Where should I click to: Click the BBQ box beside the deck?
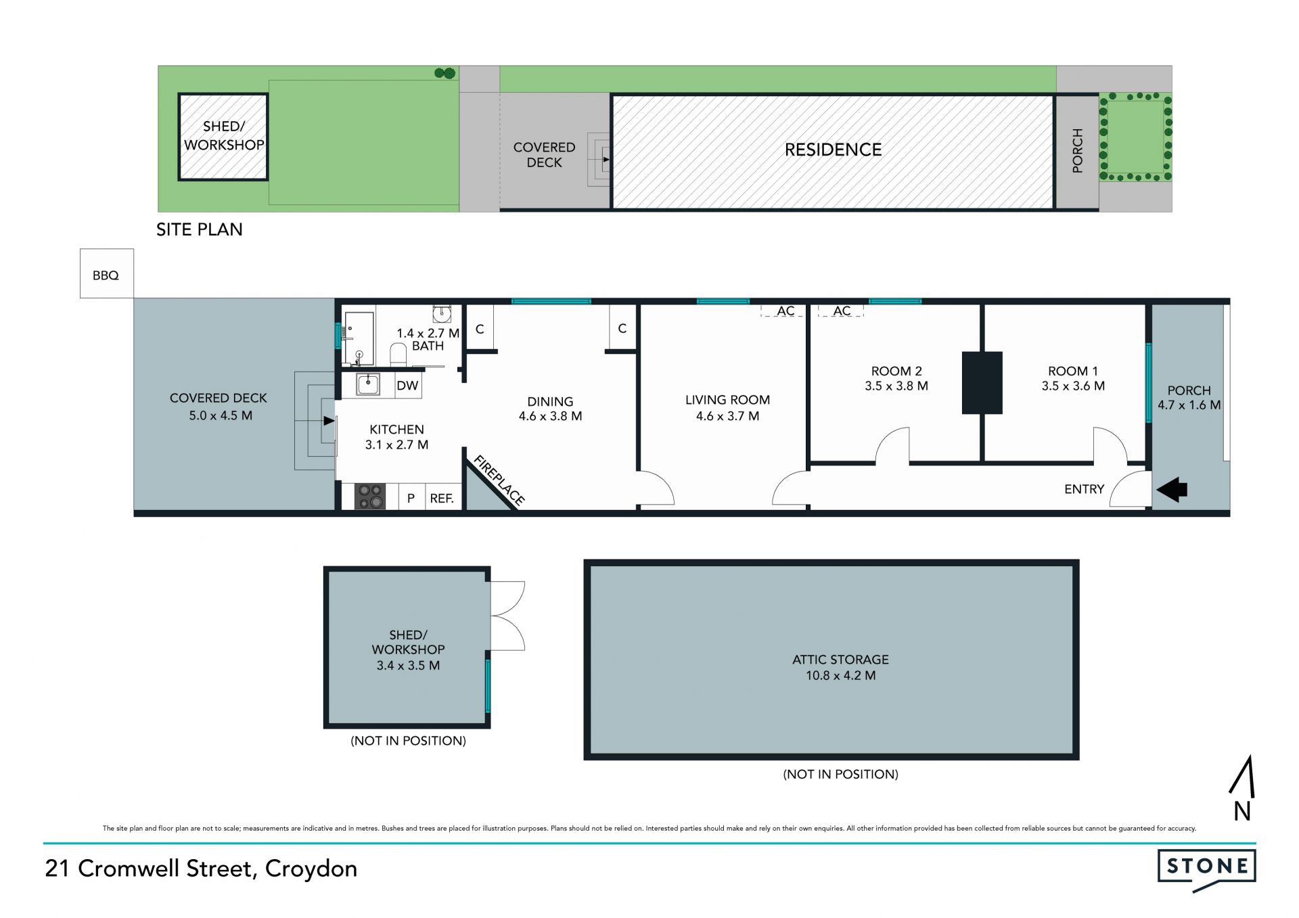106,273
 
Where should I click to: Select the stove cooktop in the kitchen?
370,496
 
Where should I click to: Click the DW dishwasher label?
407,386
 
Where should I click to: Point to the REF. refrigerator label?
442,499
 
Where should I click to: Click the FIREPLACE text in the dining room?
499,481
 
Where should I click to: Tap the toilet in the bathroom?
398,354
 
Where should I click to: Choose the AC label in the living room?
785,311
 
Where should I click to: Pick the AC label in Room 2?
842,311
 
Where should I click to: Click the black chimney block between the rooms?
982,382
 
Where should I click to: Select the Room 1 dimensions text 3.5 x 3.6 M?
1073,386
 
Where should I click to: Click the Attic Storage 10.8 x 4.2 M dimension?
840,675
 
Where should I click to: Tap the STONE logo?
1207,869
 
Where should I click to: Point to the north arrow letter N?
1242,811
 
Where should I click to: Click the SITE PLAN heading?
200,229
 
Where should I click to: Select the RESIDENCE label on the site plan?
833,150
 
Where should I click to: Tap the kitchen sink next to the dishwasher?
368,384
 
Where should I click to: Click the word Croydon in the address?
311,869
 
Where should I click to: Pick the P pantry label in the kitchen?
411,499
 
